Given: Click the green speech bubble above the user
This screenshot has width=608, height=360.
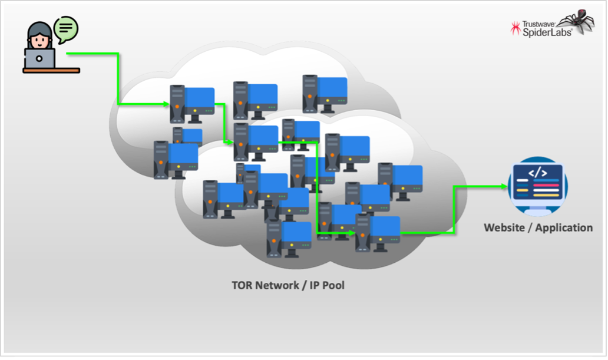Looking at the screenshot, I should click(66, 27).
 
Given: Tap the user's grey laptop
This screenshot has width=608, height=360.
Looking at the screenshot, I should click(39, 58).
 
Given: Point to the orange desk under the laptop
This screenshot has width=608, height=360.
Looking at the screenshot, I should click(51, 70).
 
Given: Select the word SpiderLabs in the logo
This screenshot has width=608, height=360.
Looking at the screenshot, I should click(547, 32).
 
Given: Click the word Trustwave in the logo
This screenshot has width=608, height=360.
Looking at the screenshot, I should click(540, 24).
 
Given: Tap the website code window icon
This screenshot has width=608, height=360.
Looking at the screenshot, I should click(537, 186).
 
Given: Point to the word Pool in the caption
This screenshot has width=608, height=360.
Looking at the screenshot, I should click(332, 285).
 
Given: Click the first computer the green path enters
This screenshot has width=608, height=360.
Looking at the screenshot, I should click(192, 103).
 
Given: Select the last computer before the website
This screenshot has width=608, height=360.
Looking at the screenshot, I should click(378, 233).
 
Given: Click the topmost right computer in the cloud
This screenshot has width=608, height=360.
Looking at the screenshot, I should click(325, 93).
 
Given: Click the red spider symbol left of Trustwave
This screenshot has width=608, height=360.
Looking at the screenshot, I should click(516, 28).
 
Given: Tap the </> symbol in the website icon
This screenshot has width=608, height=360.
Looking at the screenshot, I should click(537, 173).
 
